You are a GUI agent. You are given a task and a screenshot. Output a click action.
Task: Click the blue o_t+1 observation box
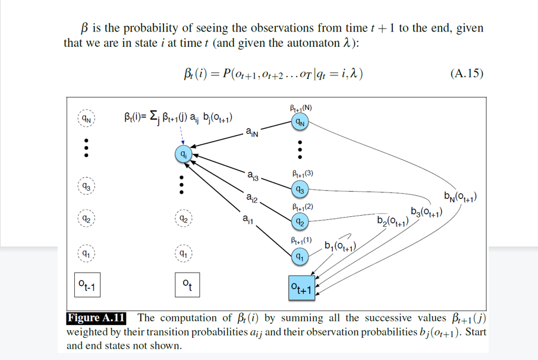coord(301,288)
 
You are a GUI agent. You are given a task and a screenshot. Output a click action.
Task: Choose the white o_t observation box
coord(186,286)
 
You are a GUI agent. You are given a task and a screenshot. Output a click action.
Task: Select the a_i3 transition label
coord(252,175)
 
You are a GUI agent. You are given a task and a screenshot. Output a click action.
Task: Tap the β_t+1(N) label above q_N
coord(300,108)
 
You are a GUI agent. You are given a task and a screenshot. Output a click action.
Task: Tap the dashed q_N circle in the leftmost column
coord(87,118)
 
